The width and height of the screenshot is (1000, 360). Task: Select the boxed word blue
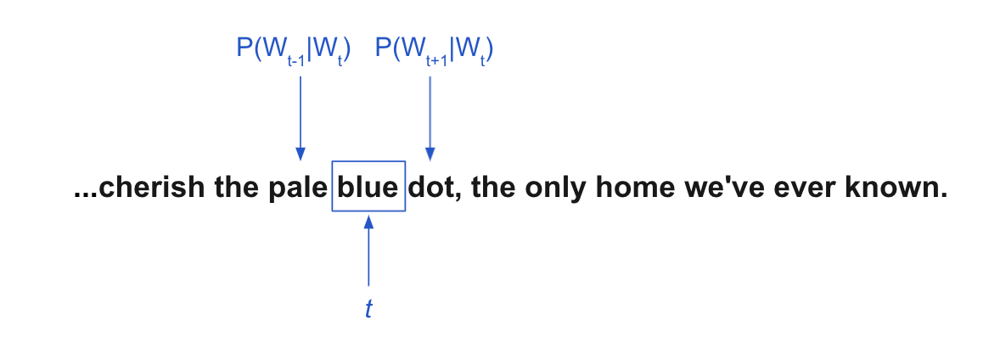[x=368, y=187]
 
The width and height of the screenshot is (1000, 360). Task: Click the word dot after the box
[x=430, y=187]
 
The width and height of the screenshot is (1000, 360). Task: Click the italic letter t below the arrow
[x=368, y=309]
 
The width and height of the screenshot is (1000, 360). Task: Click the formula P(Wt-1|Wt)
[x=294, y=51]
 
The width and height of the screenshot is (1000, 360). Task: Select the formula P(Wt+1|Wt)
[x=435, y=51]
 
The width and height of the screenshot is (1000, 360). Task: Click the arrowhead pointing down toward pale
[x=301, y=154]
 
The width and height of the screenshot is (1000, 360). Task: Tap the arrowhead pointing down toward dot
[x=430, y=154]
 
